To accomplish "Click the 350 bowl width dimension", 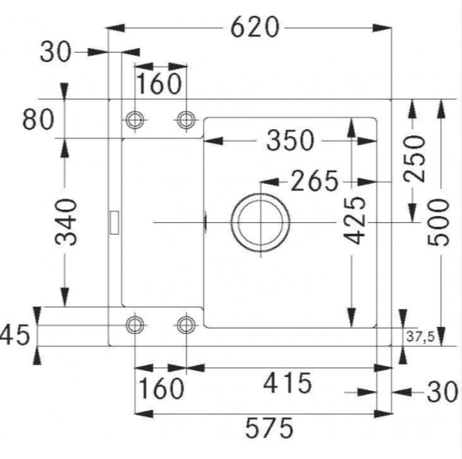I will click(289, 141).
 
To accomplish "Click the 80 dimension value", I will click(38, 120).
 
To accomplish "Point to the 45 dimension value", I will click(14, 336).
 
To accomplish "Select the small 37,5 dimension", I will click(420, 337).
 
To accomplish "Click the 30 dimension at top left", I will click(55, 51).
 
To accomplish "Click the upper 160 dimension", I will click(159, 84).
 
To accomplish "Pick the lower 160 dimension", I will click(159, 388).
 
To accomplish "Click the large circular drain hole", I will click(261, 222).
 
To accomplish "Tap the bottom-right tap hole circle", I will click(186, 324).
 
